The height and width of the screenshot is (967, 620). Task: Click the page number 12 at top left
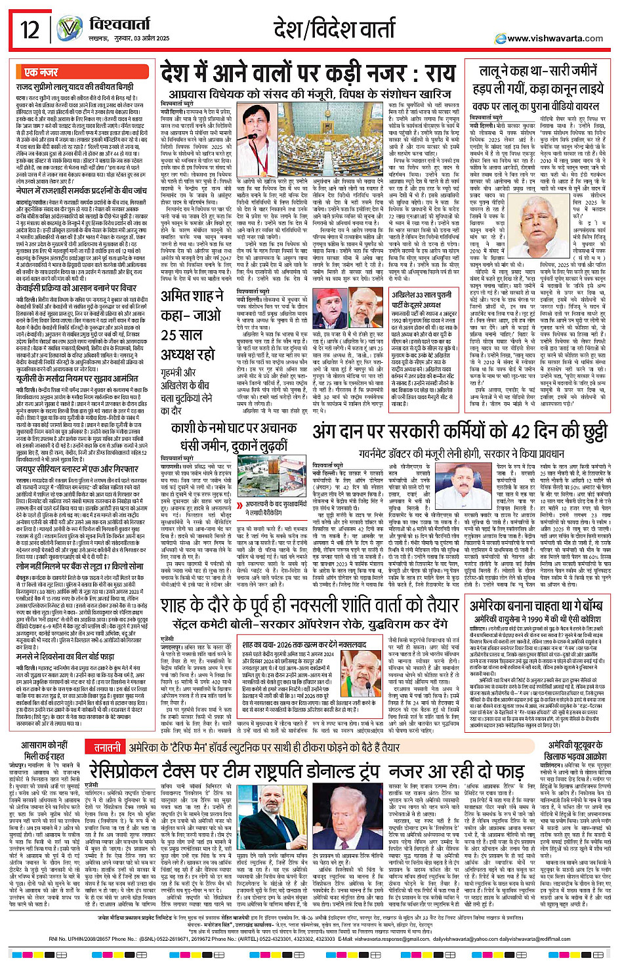click(30, 30)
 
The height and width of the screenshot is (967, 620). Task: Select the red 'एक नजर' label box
click(41, 72)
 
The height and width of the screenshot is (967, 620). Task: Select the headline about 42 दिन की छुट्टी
click(459, 432)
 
